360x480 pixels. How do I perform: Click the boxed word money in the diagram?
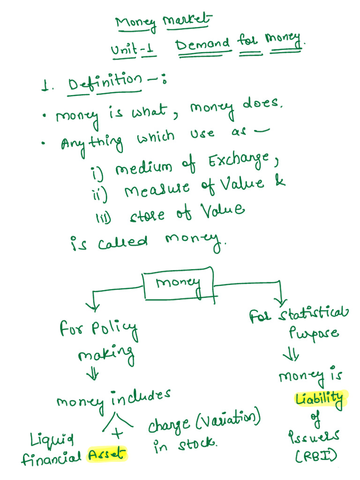pos(178,284)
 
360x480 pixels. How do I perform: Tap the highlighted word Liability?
pos(319,399)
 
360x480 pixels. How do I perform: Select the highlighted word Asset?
pos(107,454)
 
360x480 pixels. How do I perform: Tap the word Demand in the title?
pos(203,46)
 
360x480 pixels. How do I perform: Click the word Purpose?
pos(314,334)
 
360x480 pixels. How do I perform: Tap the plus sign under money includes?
pos(119,435)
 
